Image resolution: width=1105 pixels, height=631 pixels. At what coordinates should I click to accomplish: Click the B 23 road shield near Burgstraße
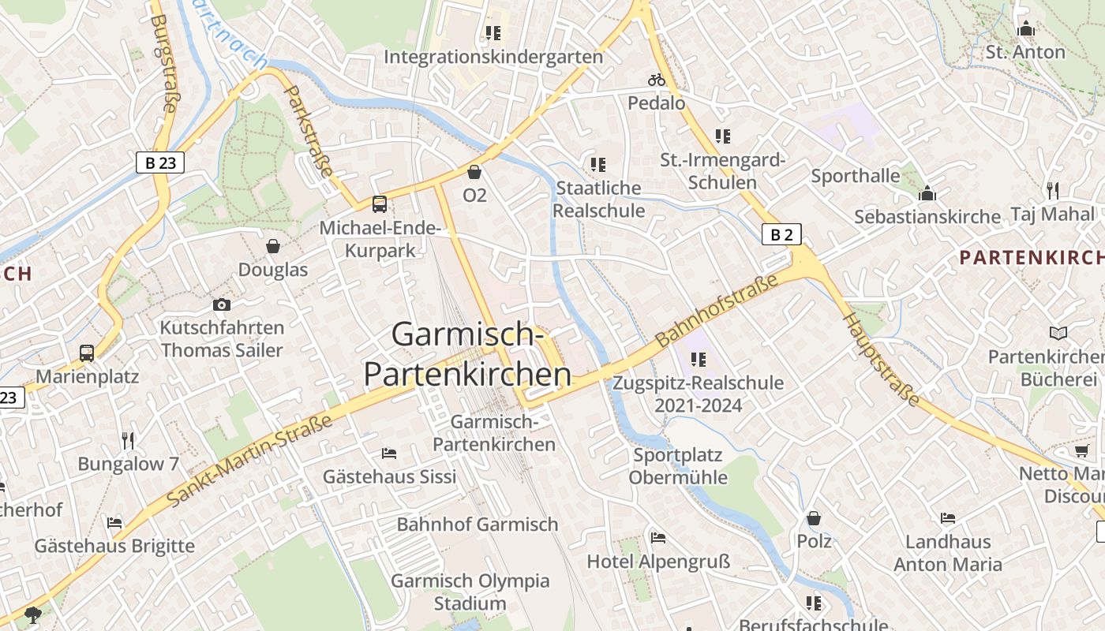click(160, 162)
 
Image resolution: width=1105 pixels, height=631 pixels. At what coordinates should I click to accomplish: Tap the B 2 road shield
click(781, 234)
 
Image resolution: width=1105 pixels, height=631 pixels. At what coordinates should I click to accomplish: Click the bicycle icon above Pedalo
click(657, 80)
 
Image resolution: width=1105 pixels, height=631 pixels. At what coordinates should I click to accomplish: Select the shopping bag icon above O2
click(474, 172)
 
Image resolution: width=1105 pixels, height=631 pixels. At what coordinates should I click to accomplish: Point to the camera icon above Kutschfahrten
click(222, 304)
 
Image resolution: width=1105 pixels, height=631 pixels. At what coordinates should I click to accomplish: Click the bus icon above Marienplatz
click(87, 353)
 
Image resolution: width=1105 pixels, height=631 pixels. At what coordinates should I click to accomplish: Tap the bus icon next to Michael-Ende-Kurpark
click(380, 204)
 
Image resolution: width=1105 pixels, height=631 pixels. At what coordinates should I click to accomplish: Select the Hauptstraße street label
click(882, 360)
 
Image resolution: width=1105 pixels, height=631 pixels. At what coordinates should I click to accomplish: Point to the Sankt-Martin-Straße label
click(249, 461)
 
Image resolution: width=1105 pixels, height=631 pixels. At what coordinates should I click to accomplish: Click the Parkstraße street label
click(309, 133)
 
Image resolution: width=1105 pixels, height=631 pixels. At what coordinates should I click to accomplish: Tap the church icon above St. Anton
click(1026, 29)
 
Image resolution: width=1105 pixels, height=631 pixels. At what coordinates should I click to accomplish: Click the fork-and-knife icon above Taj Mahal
click(1052, 190)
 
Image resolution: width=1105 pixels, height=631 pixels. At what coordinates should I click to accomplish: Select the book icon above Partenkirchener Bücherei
click(1058, 334)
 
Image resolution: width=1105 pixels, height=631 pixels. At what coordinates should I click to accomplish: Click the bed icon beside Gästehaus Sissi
click(389, 453)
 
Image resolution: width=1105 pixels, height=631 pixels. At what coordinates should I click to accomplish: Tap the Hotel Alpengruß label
click(658, 562)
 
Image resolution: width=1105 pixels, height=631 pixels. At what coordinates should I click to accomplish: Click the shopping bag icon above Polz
click(814, 518)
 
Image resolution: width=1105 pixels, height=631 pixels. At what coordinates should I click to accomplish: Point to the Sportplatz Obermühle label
click(678, 466)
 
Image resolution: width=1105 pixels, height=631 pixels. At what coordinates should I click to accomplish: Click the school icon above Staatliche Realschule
click(598, 165)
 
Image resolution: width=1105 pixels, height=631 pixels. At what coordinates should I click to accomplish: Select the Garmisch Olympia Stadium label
click(470, 592)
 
